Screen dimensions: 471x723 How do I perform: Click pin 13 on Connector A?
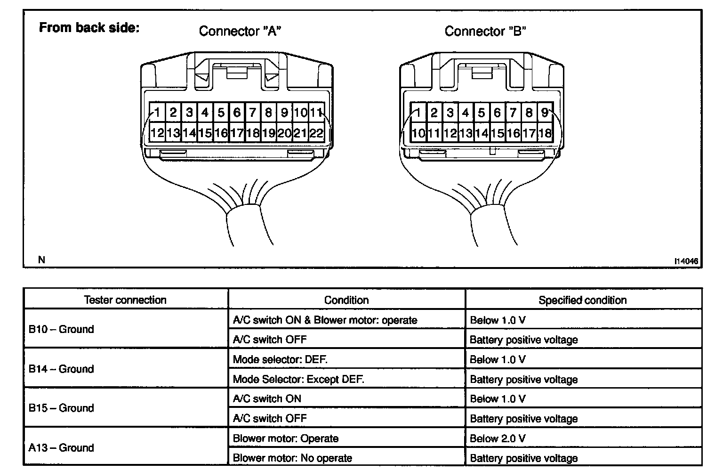[173, 133]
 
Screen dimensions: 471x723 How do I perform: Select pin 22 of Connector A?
[316, 133]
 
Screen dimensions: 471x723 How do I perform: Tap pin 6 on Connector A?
[237, 113]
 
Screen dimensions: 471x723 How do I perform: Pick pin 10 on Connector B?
[418, 133]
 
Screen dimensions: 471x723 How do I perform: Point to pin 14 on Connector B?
[482, 133]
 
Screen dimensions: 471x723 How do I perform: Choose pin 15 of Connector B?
[498, 133]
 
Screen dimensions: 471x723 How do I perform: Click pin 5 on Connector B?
[482, 113]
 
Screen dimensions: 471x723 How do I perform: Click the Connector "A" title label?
[240, 31]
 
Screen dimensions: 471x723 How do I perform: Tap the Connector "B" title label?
[485, 31]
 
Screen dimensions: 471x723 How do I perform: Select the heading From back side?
[89, 28]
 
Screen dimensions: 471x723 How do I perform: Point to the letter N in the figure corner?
[41, 260]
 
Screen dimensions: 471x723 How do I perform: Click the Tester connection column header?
[125, 300]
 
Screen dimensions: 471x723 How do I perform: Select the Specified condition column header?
[582, 300]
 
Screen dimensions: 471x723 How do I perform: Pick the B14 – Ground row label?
[61, 369]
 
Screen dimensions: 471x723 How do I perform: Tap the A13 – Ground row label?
[61, 447]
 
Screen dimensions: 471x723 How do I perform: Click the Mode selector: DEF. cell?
[280, 359]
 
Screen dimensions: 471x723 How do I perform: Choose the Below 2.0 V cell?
[498, 439]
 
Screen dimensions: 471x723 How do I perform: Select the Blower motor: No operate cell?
[292, 458]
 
